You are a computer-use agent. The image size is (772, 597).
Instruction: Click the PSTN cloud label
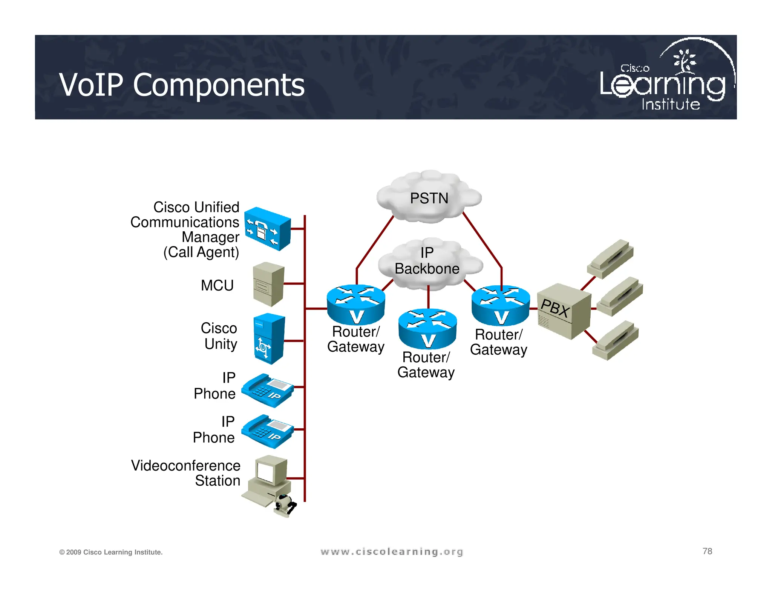click(429, 198)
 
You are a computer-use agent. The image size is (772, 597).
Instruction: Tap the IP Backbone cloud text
click(427, 261)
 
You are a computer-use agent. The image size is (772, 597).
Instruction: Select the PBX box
click(563, 311)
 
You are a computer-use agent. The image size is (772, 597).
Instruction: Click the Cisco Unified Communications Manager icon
click(267, 228)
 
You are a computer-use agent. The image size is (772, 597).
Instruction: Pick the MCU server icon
click(268, 284)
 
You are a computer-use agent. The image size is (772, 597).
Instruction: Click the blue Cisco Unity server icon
click(269, 339)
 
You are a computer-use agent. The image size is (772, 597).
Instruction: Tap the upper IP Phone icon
click(268, 390)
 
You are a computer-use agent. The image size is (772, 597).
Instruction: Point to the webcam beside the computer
click(285, 505)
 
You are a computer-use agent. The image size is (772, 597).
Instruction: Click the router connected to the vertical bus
click(355, 304)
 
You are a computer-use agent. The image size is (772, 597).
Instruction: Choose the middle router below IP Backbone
click(427, 328)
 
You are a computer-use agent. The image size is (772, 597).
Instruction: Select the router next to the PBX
click(501, 305)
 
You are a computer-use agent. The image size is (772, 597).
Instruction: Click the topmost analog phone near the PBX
click(610, 259)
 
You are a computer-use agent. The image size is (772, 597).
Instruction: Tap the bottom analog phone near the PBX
click(615, 340)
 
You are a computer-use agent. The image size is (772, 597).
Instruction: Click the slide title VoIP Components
click(182, 85)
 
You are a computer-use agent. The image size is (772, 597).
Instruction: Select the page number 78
click(707, 551)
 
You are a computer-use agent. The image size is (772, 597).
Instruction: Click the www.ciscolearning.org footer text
click(392, 552)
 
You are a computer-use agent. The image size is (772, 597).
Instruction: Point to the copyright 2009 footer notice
click(111, 552)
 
